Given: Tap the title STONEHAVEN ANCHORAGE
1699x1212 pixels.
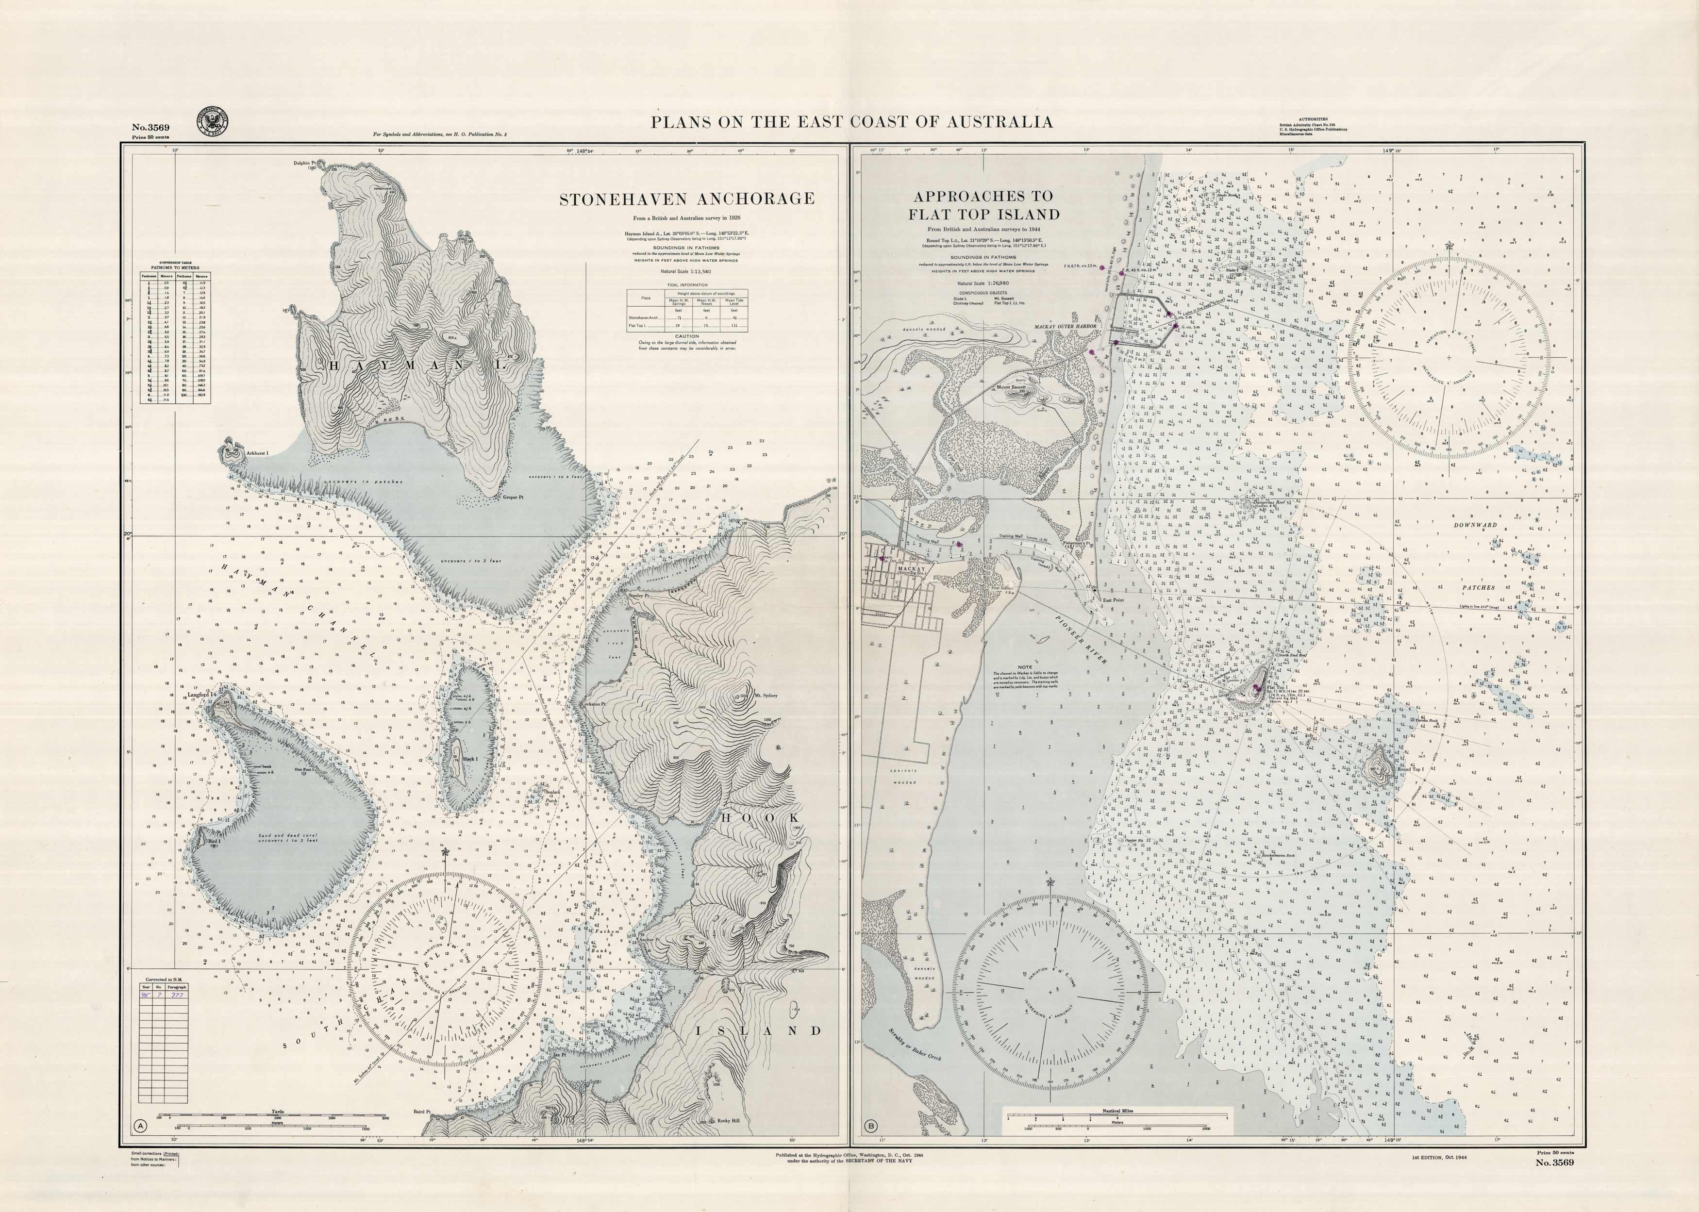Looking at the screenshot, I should point(686,199).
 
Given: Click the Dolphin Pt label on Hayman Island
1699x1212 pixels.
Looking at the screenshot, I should point(304,162).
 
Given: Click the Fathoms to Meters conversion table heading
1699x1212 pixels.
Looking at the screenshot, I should point(175,266).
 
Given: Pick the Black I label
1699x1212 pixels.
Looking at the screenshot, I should point(470,758).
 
